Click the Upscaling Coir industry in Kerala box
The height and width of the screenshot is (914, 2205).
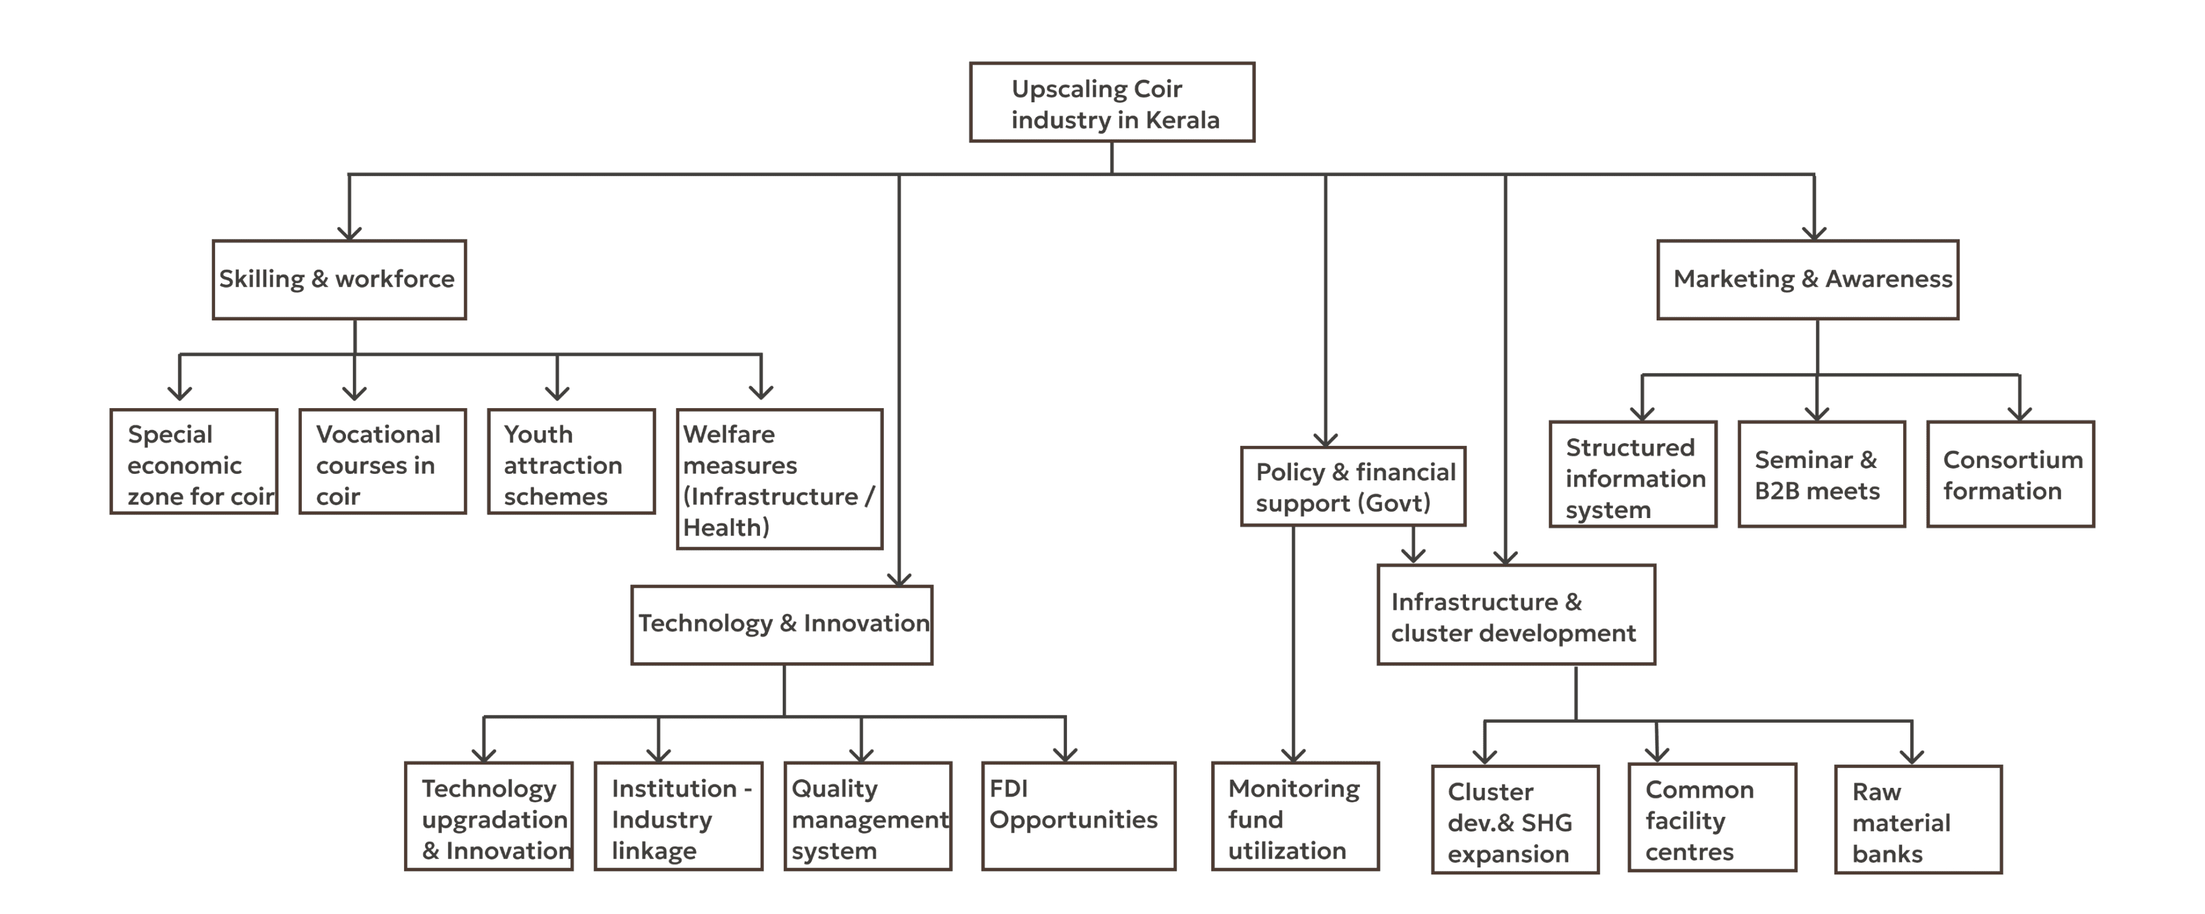1112,103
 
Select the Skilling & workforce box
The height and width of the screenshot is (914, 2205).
340,280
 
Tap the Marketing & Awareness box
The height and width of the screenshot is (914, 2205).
1808,280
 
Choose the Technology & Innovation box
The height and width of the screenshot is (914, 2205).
782,624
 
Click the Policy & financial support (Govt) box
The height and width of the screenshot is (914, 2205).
1353,486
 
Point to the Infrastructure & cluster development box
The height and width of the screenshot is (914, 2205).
1515,615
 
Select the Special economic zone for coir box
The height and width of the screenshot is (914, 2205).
194,462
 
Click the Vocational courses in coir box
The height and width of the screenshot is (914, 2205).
383,462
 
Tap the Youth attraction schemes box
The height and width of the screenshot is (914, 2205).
571,462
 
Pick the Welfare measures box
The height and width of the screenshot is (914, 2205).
779,479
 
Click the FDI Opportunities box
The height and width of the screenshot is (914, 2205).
1079,816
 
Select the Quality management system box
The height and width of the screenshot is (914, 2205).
868,816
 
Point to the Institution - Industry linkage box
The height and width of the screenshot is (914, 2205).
678,816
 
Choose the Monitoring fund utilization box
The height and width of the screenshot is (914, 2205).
1295,816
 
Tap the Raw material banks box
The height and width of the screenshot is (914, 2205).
1917,820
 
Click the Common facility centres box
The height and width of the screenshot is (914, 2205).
1712,818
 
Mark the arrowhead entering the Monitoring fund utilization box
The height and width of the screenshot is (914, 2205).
1293,755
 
